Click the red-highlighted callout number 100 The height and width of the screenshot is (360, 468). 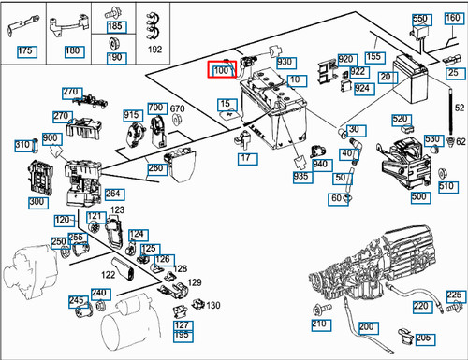(x=222, y=70)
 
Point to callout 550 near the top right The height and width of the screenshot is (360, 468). (x=419, y=19)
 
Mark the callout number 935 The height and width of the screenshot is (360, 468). (x=300, y=176)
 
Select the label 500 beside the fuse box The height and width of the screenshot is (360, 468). (x=419, y=196)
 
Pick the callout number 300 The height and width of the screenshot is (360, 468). (x=37, y=201)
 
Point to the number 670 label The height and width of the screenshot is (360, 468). (x=177, y=109)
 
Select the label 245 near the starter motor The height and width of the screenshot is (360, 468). (x=77, y=300)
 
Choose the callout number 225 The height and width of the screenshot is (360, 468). (x=454, y=295)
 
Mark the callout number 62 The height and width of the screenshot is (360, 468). (x=460, y=141)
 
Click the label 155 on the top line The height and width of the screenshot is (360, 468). (x=373, y=57)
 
